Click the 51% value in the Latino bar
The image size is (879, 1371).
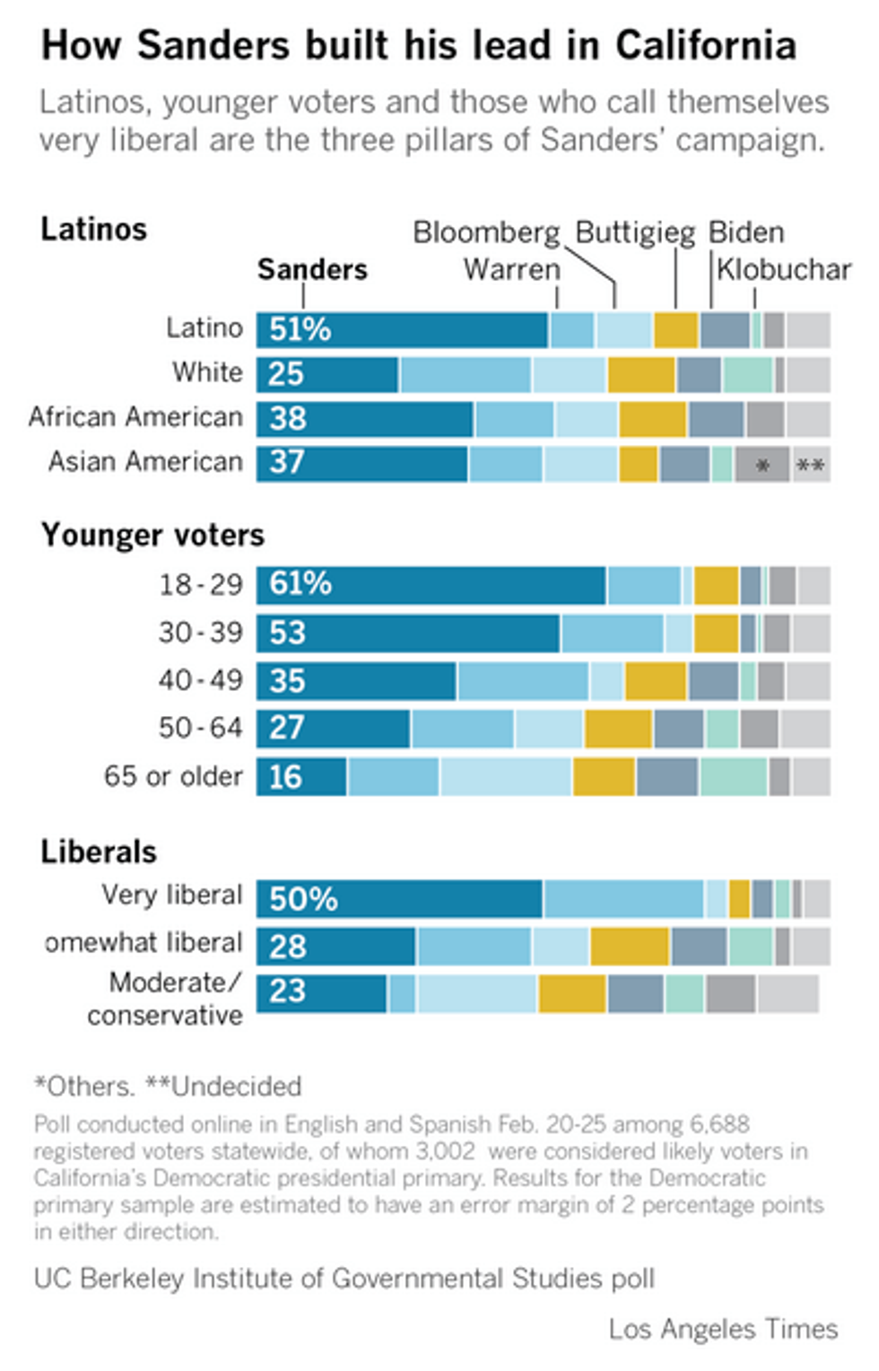click(x=300, y=330)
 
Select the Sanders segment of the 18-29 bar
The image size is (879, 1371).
click(x=431, y=585)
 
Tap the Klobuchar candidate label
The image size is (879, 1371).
click(x=783, y=269)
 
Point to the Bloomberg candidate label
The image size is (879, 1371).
click(x=485, y=232)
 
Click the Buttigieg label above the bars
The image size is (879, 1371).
click(x=634, y=232)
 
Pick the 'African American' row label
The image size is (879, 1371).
click(x=135, y=417)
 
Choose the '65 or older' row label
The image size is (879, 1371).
click(x=173, y=776)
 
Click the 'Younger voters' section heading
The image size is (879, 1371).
click(x=152, y=535)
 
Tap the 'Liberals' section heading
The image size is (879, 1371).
click(x=99, y=851)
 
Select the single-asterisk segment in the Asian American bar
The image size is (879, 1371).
click(x=762, y=465)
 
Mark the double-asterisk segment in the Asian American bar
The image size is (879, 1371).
click(x=811, y=465)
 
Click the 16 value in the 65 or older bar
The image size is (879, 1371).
click(x=285, y=777)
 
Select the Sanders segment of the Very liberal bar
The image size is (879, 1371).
click(x=399, y=899)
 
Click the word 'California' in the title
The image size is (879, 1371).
click(x=706, y=45)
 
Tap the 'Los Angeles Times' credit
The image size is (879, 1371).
click(x=723, y=1329)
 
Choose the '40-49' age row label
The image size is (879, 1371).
click(x=200, y=680)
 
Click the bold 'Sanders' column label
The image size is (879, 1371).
click(x=312, y=269)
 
